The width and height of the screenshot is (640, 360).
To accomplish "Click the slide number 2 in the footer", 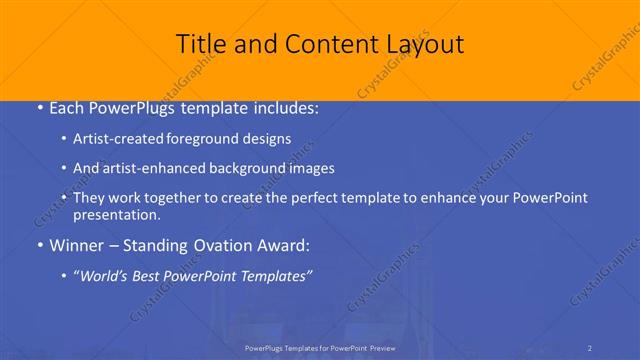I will [590, 347].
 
